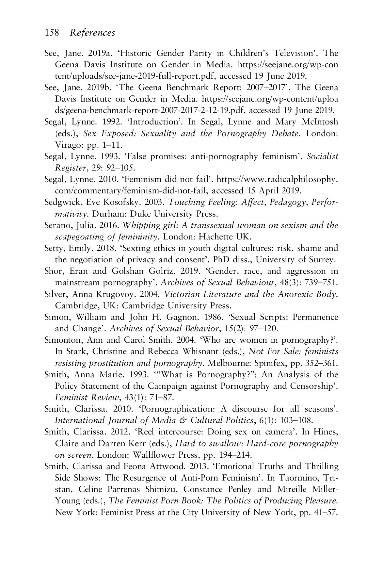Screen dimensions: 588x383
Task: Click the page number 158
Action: tap(52, 33)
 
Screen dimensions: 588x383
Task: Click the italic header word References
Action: tap(93, 33)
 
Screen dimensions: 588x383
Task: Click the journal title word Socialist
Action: tap(322, 157)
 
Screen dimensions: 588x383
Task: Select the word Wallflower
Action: tap(153, 455)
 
